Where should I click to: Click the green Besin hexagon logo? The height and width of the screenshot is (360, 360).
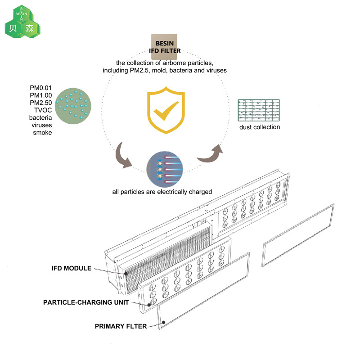click(x=22, y=22)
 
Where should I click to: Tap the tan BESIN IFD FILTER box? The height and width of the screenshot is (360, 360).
click(x=164, y=47)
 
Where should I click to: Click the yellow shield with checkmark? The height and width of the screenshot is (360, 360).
click(x=166, y=110)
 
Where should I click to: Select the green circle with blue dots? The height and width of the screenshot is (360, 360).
click(x=73, y=106)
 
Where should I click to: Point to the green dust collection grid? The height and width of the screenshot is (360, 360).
click(x=259, y=110)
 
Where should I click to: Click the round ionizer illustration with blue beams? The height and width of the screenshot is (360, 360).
click(x=164, y=170)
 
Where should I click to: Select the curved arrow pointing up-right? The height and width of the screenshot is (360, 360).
click(x=210, y=154)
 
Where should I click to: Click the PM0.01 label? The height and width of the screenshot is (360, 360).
click(x=40, y=88)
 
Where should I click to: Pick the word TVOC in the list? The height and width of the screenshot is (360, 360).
click(x=43, y=110)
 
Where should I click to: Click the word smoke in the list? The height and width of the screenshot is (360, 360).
click(x=42, y=133)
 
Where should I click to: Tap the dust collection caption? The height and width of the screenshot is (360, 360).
click(x=260, y=127)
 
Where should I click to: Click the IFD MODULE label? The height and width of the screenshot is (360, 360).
click(x=72, y=268)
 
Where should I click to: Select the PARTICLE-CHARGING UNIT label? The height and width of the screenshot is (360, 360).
click(x=86, y=302)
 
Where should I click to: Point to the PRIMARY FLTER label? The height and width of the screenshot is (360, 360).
click(x=121, y=326)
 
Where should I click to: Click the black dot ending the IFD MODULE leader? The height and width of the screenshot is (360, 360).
click(x=126, y=274)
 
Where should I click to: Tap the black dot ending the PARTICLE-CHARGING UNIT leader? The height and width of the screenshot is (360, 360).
click(x=149, y=305)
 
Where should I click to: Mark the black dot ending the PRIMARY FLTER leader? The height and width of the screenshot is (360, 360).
click(x=164, y=322)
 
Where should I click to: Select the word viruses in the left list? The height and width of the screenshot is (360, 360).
click(x=42, y=125)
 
